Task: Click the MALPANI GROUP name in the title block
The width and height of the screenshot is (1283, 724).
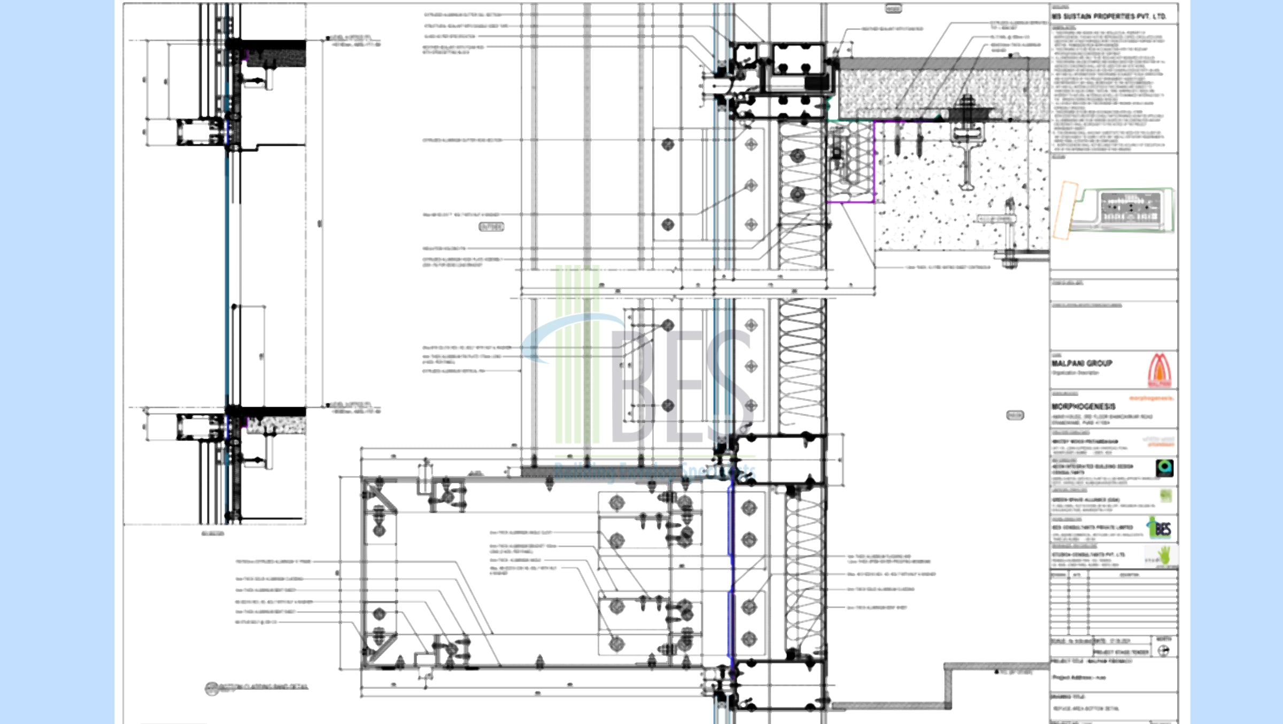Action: coord(1082,363)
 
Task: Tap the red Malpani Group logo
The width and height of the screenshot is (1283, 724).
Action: coord(1160,370)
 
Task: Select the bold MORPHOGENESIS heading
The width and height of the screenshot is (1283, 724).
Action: coord(1084,407)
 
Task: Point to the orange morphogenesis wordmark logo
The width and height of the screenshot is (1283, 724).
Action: coord(1151,398)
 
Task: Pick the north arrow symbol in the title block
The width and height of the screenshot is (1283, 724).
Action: coord(1164,650)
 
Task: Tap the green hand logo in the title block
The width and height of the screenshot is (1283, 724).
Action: coord(1164,555)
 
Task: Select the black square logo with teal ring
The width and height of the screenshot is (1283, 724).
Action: coord(1164,468)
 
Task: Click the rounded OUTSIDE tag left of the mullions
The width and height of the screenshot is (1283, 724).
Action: coord(491,227)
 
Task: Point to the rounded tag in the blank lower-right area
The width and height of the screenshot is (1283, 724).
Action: coord(1015,415)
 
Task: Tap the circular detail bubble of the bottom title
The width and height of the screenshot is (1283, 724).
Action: coord(212,688)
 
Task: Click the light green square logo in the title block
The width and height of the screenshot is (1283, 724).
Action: coord(1166,495)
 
